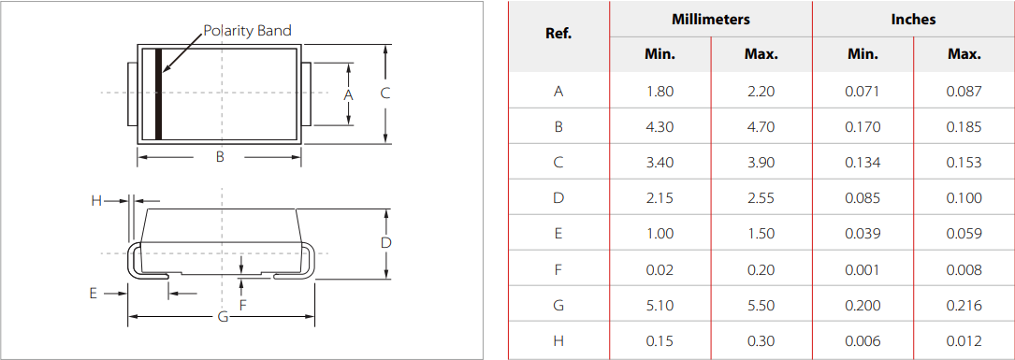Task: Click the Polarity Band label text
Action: coord(247,31)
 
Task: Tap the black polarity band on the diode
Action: coord(158,94)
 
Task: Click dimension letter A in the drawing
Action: coord(348,94)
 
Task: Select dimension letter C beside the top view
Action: coord(384,94)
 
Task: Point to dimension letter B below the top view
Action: coord(220,157)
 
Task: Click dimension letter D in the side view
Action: coord(385,242)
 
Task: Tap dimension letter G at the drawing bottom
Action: coord(223,317)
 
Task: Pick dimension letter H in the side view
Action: coord(95,200)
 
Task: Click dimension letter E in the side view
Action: coord(93,293)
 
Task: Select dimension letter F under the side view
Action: coord(243,305)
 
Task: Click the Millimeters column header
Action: coord(710,19)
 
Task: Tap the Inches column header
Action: coord(913,19)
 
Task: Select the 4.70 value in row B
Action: coord(761,127)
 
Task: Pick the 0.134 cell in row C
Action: coord(862,163)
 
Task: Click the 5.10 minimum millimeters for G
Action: coord(660,305)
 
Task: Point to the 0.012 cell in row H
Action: coord(964,340)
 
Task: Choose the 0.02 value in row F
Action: coord(660,269)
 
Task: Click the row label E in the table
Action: coord(558,234)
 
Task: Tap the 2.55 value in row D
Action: coord(761,198)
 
